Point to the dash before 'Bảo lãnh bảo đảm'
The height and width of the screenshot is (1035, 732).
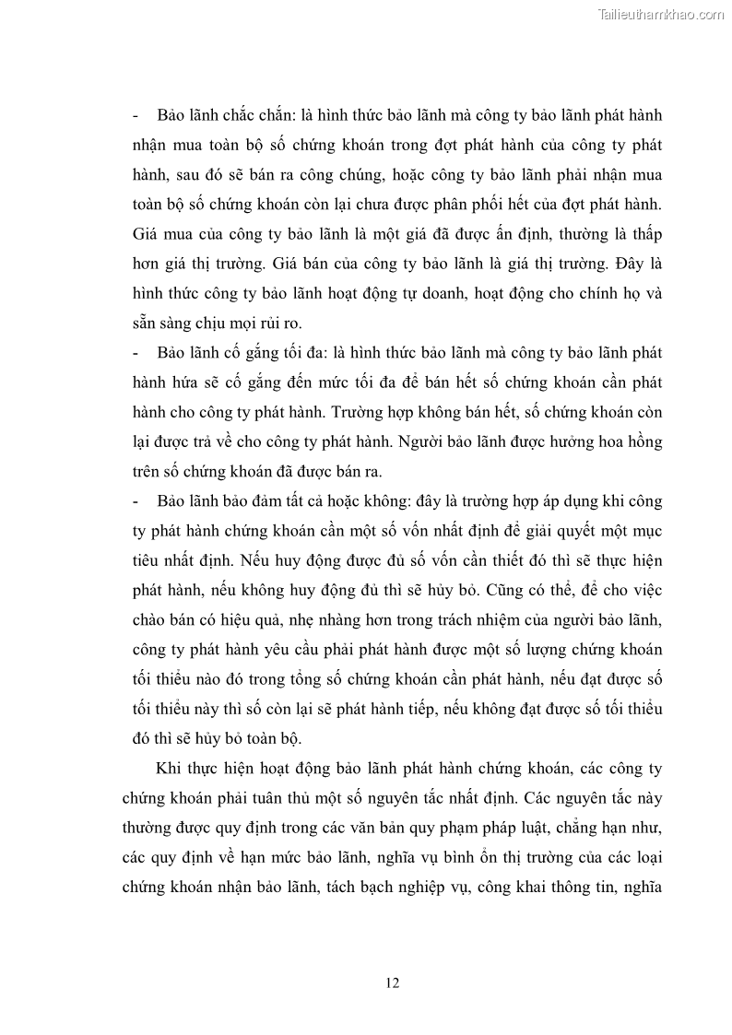point(136,502)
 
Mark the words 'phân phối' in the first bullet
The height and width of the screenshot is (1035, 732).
point(481,204)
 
